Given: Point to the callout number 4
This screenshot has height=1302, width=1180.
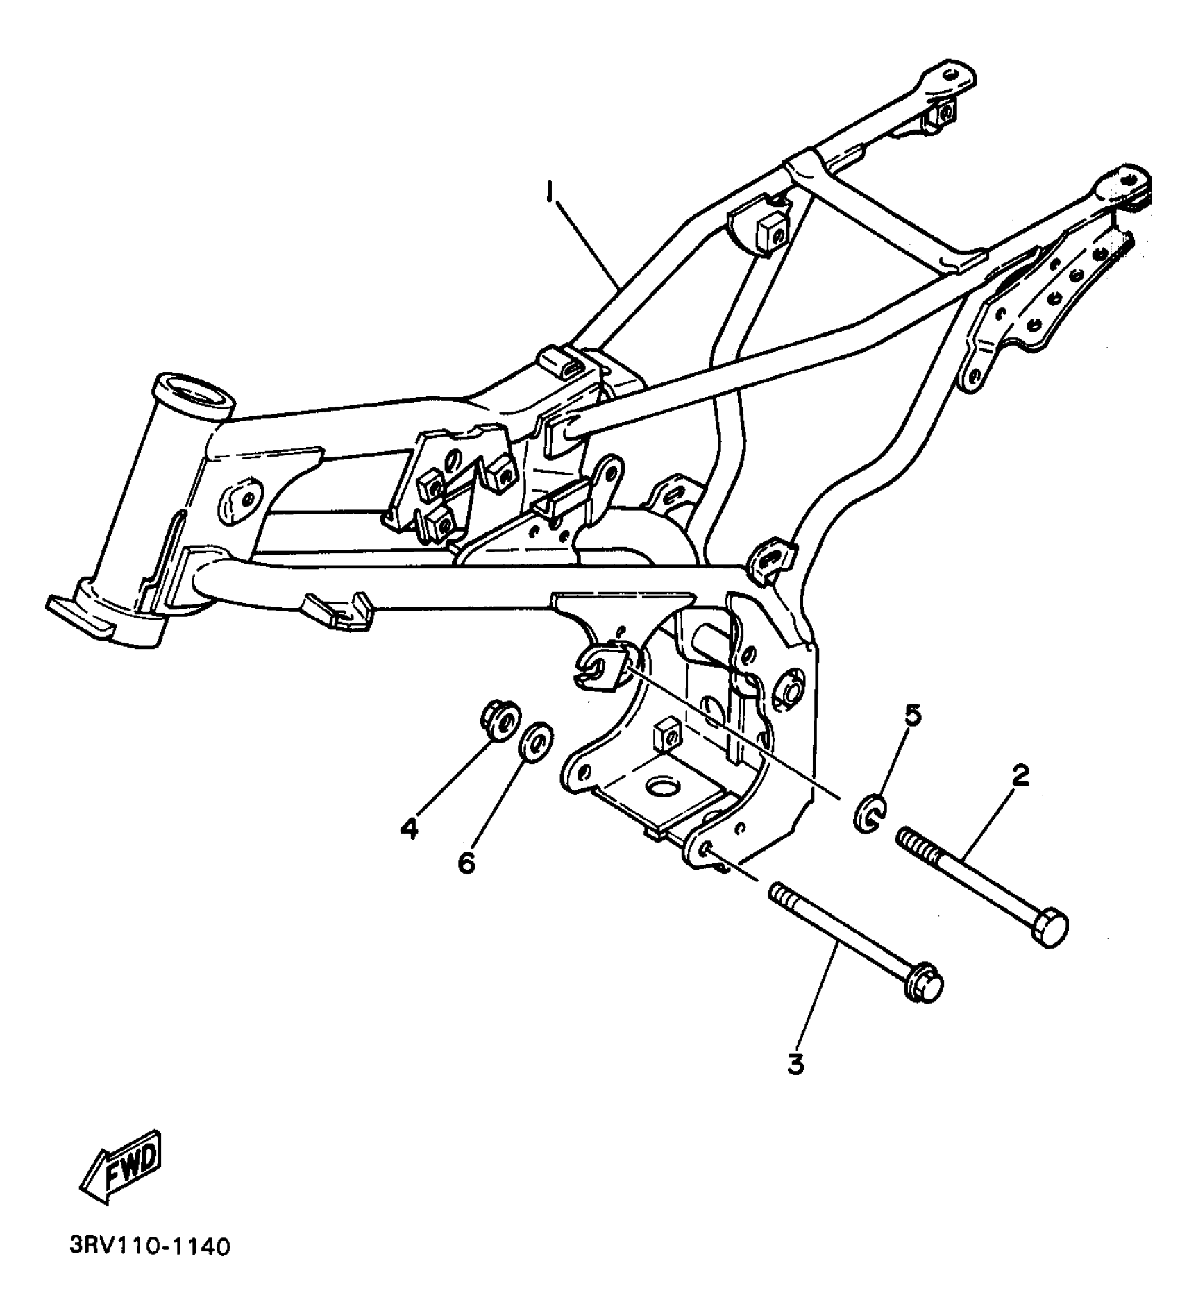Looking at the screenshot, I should pyautogui.click(x=410, y=827).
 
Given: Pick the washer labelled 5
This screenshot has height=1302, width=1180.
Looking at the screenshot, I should pyautogui.click(x=868, y=814).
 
